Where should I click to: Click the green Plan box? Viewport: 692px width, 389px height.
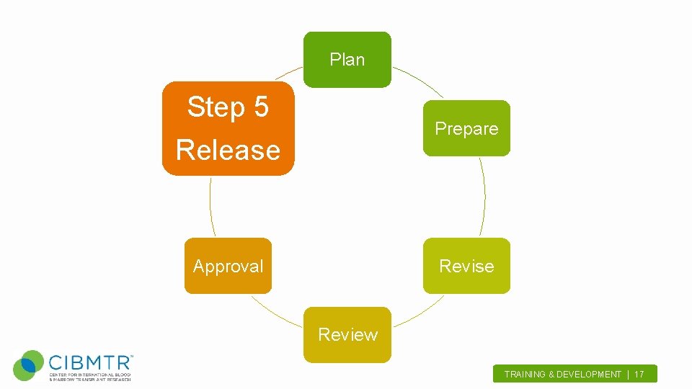pos(347,60)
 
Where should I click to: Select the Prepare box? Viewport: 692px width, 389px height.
pos(466,129)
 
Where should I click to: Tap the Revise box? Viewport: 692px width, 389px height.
pos(466,266)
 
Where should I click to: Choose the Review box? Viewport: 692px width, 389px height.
pos(347,334)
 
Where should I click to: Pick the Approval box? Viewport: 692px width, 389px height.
pos(228,266)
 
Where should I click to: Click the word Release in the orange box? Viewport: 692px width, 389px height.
pos(228,150)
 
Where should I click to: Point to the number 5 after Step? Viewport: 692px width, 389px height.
pos(260,107)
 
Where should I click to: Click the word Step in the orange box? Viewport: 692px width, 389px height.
pos(216,107)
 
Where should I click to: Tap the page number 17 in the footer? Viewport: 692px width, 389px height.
pos(639,375)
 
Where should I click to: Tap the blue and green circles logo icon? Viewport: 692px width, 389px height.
pos(29,366)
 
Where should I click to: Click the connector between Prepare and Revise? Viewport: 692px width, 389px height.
pos(484,197)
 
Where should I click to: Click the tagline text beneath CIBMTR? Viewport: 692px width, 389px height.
pos(89,377)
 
